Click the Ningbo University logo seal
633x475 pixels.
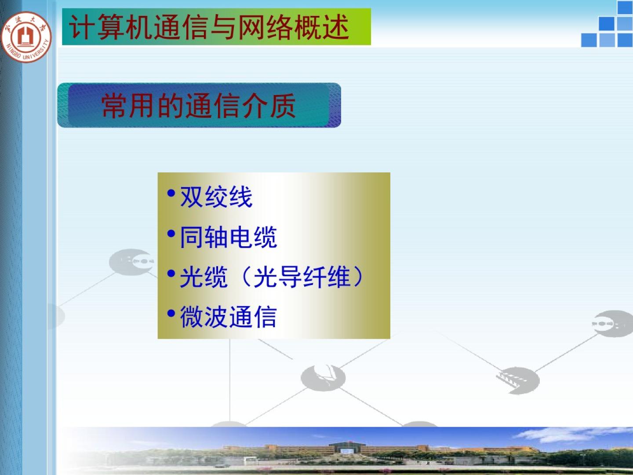26,37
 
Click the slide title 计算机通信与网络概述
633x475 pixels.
209,27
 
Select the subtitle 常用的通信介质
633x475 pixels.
199,106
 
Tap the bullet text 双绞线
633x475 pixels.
216,197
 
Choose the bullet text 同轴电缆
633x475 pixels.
229,237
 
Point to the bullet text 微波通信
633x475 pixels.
229,317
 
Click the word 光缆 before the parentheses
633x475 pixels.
204,277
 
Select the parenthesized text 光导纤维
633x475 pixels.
302,277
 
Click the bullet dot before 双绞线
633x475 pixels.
171,193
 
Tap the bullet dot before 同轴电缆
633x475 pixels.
171,233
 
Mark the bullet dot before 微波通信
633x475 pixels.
171,313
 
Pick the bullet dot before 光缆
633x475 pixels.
171,274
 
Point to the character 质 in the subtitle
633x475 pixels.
283,106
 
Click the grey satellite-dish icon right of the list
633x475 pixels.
613,324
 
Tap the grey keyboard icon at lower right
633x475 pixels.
518,380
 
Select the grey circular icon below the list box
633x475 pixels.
323,378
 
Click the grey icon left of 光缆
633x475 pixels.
131,262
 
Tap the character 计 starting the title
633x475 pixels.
82,27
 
